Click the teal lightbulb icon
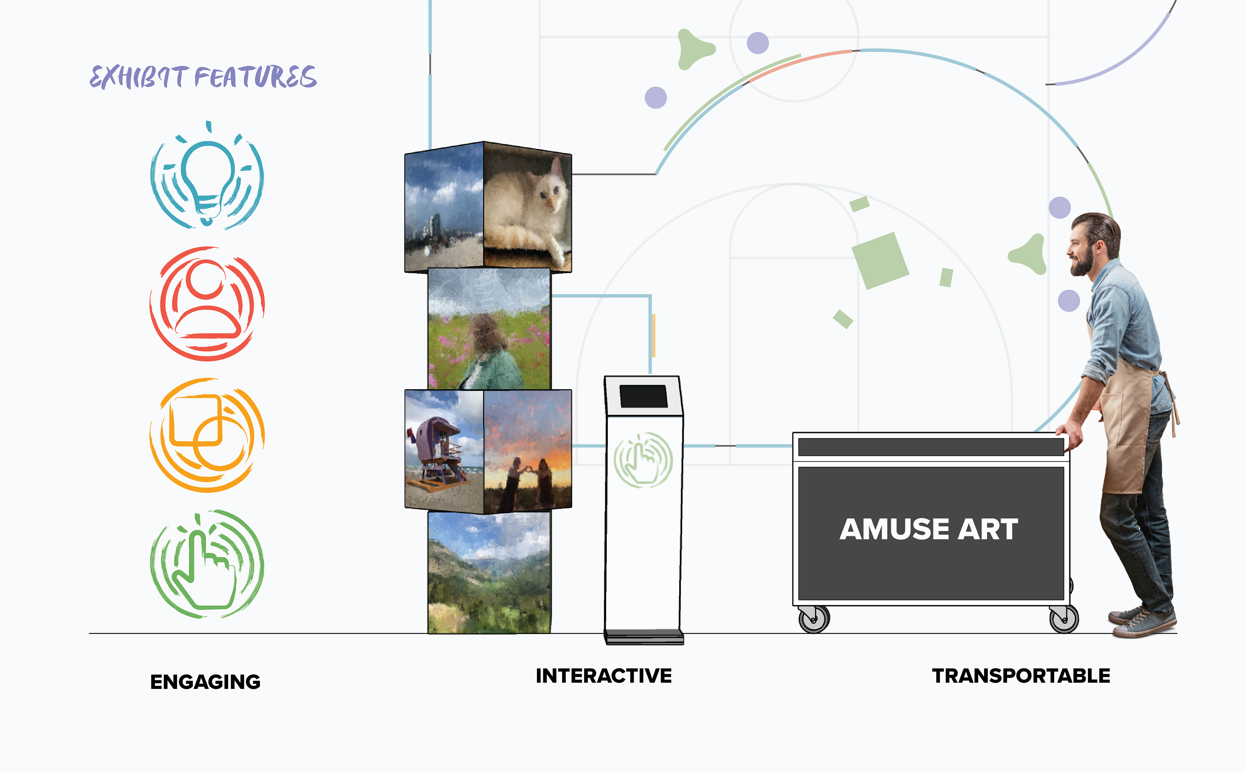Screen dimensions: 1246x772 point(207,177)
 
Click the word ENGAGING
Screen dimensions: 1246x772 point(205,682)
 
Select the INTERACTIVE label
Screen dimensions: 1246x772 point(603,676)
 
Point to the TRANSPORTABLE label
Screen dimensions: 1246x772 point(1021,676)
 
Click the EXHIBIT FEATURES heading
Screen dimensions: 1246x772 point(203,77)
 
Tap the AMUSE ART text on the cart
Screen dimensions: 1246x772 point(929,530)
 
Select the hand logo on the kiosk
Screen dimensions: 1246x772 point(643,460)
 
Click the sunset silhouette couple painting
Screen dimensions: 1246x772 point(527,450)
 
